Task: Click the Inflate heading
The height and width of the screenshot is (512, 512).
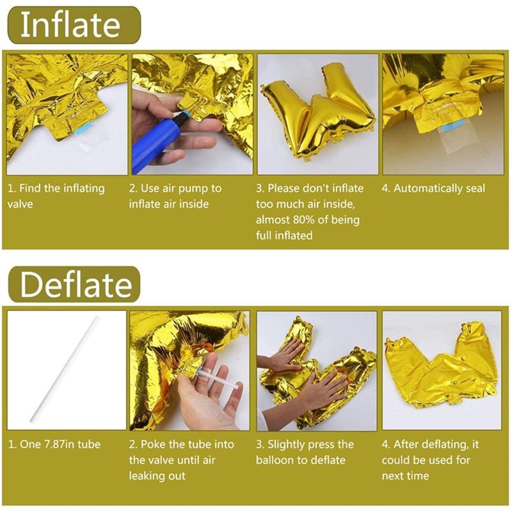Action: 70,25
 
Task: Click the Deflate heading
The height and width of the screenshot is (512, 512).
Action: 76,285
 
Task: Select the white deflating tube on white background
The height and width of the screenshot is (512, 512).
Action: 65,369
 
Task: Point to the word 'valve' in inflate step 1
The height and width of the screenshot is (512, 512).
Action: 20,204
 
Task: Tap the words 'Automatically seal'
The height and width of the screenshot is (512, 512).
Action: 439,188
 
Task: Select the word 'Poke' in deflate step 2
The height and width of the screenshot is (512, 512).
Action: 153,444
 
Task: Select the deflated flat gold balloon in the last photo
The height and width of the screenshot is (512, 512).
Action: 442,365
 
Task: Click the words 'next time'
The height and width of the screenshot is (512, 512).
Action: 405,476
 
